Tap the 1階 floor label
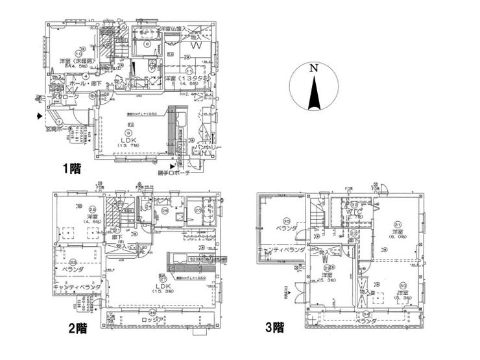click(71, 169)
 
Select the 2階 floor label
click(78, 328)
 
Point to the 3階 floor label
click(274, 327)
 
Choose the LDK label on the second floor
click(162, 285)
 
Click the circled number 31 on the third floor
click(397, 225)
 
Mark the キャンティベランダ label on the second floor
click(77, 285)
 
